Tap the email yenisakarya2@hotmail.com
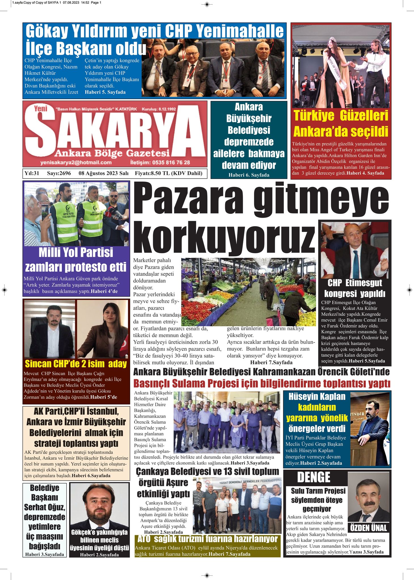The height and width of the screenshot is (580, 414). point(76,163)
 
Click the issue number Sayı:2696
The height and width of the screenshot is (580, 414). point(59,173)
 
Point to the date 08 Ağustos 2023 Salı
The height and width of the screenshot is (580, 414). point(103,173)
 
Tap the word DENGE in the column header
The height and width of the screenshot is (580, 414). point(314,477)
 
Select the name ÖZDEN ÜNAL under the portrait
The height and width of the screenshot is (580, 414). point(369,528)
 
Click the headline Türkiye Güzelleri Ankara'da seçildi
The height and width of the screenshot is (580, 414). point(341,123)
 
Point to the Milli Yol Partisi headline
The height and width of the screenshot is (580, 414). point(76,252)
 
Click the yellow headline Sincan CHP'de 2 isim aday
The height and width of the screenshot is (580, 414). point(76,363)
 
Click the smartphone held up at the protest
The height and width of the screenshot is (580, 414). point(45,212)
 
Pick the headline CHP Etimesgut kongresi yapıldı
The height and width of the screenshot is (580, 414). point(354,288)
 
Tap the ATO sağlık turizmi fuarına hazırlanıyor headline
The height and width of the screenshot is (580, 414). point(207,538)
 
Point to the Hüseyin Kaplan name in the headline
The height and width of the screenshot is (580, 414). point(317,397)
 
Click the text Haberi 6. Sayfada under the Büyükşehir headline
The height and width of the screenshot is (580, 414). point(249,175)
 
